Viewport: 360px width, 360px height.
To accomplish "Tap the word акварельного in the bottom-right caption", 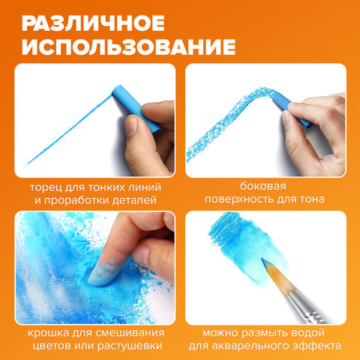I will pos(265,346).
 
